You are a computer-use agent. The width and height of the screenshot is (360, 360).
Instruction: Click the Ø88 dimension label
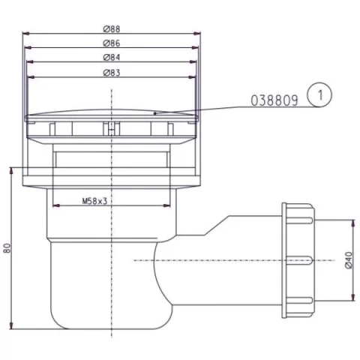click(112, 29)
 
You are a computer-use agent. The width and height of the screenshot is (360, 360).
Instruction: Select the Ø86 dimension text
click(112, 43)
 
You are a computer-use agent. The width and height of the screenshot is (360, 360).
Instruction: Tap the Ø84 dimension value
click(112, 58)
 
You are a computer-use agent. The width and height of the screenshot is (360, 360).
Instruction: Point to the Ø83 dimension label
click(112, 73)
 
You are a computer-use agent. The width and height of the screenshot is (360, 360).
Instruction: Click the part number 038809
click(274, 100)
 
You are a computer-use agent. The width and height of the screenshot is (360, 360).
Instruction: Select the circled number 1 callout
click(319, 95)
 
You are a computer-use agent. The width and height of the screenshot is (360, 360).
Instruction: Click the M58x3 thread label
click(94, 201)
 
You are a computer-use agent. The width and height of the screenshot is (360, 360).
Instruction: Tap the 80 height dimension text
click(7, 247)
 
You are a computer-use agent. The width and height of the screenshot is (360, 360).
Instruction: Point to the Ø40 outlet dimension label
click(349, 260)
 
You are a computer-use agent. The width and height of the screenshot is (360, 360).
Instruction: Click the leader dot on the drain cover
click(155, 113)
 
